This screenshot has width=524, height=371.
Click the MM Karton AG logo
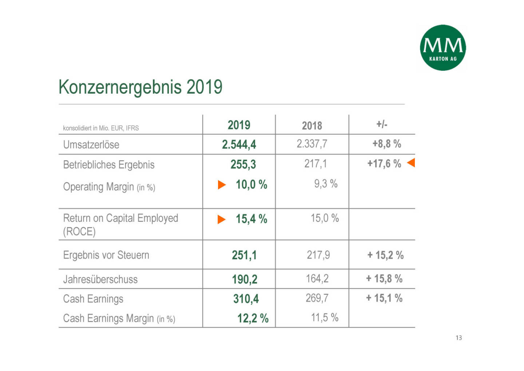point(442,48)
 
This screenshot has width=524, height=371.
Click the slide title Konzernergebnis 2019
point(140,87)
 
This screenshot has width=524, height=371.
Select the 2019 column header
point(239,125)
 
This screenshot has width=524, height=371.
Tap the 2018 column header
point(312,126)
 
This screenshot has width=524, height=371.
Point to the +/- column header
point(382,125)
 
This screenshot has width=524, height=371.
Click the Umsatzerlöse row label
point(91,145)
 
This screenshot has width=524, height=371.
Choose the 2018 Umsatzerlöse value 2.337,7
point(312,144)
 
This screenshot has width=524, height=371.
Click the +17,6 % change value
point(384,164)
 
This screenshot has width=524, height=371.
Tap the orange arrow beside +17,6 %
point(411,163)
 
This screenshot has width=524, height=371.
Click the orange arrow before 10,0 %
point(222,185)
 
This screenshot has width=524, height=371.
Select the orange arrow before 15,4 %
point(221,220)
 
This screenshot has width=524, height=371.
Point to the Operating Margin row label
point(109,187)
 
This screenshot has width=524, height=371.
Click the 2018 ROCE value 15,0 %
point(325,218)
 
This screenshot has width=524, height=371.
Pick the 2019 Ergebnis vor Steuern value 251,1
point(244,255)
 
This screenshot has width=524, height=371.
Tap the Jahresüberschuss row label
point(100,280)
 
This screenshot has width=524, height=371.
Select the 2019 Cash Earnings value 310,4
point(246,299)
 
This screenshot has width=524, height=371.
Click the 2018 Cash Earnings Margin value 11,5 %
point(325,318)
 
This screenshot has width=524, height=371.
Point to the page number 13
point(458,338)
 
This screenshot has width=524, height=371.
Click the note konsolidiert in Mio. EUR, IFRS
point(101,128)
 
